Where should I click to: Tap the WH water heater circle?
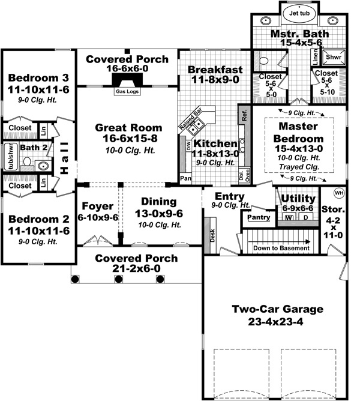pos(339,193)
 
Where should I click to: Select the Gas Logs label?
pos(126,92)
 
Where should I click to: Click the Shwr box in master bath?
pos(332,57)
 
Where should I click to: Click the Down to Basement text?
pos(281,248)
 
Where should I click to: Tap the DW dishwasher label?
pos(188,145)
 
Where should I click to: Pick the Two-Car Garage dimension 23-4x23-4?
pos(277,322)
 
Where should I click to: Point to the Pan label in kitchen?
pos(186,178)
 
